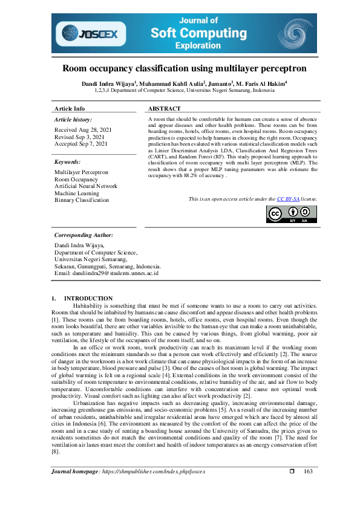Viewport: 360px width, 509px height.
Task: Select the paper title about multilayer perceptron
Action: click(184, 68)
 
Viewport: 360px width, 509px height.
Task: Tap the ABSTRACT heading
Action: click(164, 109)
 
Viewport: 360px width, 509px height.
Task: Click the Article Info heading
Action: click(70, 109)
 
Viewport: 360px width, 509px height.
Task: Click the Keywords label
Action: click(67, 162)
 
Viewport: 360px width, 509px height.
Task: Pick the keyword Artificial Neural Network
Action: click(86, 186)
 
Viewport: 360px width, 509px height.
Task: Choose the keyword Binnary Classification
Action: click(82, 199)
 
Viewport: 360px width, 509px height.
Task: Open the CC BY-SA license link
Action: click(292, 198)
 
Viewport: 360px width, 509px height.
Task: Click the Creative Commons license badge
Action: click(292, 214)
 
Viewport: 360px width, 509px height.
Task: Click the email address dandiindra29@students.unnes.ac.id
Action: click(106, 273)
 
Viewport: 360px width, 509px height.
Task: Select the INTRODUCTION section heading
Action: click(88, 298)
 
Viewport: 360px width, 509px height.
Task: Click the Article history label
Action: click(73, 120)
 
